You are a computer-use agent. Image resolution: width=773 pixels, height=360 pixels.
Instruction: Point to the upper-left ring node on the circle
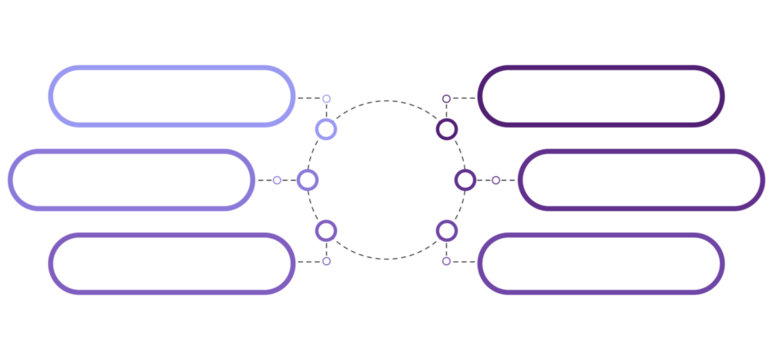(326, 129)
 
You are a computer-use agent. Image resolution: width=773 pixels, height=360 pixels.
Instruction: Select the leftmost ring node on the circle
(307, 180)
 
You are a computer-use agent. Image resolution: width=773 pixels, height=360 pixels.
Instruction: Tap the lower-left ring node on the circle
(326, 231)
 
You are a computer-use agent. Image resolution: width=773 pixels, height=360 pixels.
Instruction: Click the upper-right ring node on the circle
(447, 129)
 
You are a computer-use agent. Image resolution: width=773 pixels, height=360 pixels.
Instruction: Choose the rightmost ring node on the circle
(466, 180)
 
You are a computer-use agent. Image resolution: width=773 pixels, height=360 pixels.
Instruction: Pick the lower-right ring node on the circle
(447, 231)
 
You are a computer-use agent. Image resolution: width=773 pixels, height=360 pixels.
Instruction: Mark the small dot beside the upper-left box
(326, 98)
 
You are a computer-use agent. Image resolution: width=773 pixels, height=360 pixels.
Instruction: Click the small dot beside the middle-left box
(277, 180)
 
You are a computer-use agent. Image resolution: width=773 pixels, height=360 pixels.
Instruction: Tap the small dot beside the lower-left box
(326, 262)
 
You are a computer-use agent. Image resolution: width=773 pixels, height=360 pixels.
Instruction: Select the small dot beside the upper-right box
(446, 98)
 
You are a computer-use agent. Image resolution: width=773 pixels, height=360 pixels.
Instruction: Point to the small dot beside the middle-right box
(496, 180)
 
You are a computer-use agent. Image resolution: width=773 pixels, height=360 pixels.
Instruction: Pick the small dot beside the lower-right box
(446, 262)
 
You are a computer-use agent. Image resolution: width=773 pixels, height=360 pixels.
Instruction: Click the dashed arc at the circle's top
(386, 101)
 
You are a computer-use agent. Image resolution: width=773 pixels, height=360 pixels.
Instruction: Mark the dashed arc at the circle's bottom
(386, 259)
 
